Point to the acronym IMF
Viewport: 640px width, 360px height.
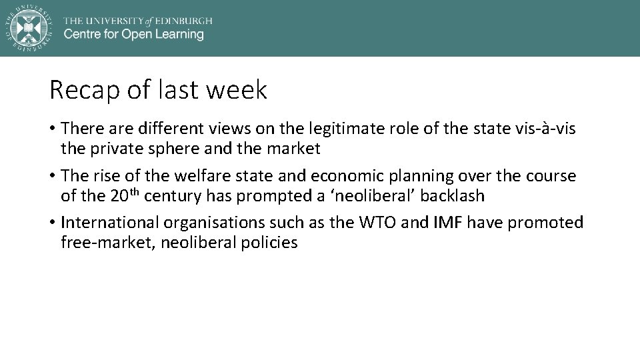448,222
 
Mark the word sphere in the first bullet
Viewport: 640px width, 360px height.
172,149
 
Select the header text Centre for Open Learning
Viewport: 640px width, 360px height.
133,34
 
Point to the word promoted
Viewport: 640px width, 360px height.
545,222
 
